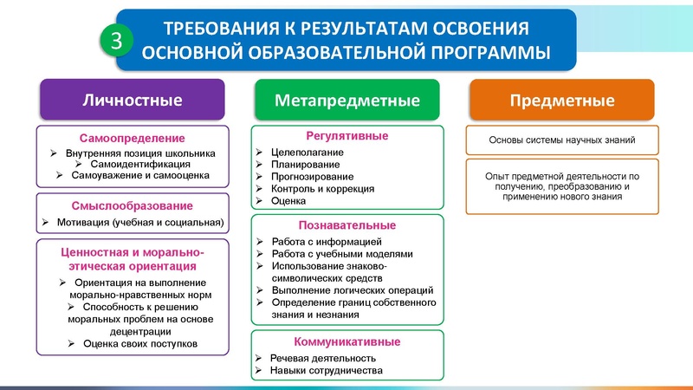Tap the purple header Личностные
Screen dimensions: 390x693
pos(132,100)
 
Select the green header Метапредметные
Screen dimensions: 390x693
pos(346,100)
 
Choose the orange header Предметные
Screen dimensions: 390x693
pos(562,100)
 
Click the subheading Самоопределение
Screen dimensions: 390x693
pos(133,139)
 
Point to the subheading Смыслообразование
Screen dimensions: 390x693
pos(133,206)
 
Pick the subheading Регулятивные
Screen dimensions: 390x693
pos(346,136)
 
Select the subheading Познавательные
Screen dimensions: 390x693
pos(346,224)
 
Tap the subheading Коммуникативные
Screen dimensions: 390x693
pos(346,341)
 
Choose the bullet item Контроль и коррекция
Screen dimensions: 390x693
pos(322,189)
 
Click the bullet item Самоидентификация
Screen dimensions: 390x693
pos(136,164)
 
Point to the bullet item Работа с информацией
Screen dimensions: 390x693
pos(326,241)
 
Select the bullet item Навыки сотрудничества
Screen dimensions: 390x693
pos(326,371)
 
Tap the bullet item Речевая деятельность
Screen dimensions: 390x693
pos(322,358)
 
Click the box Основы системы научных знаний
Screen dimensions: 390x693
pos(562,140)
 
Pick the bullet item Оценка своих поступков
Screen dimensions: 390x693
pos(140,343)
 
